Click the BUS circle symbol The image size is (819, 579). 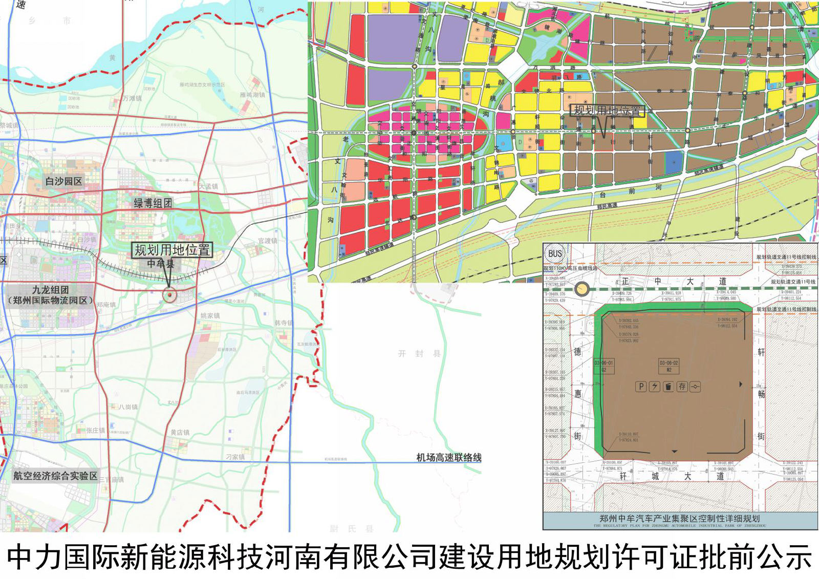pos(555,253)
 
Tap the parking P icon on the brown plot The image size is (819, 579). pos(641,387)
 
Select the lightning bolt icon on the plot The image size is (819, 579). pos(654,387)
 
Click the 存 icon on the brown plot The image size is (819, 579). pos(682,387)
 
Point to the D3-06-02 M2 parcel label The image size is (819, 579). pos(669,366)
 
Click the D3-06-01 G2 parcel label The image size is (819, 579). pos(604,366)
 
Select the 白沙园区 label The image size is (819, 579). pos(63,181)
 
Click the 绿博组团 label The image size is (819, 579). pos(153,203)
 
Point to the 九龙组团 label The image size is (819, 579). pos(51,290)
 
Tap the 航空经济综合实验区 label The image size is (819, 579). pos(55,476)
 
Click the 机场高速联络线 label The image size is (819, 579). pos(448,458)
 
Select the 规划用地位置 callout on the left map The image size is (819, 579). pos(172,250)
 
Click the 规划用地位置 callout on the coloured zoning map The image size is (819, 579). pos(607,111)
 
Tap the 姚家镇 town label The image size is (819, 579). pos(210,316)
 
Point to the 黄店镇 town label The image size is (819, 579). pos(180,433)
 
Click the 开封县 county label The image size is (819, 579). pos(419,353)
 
